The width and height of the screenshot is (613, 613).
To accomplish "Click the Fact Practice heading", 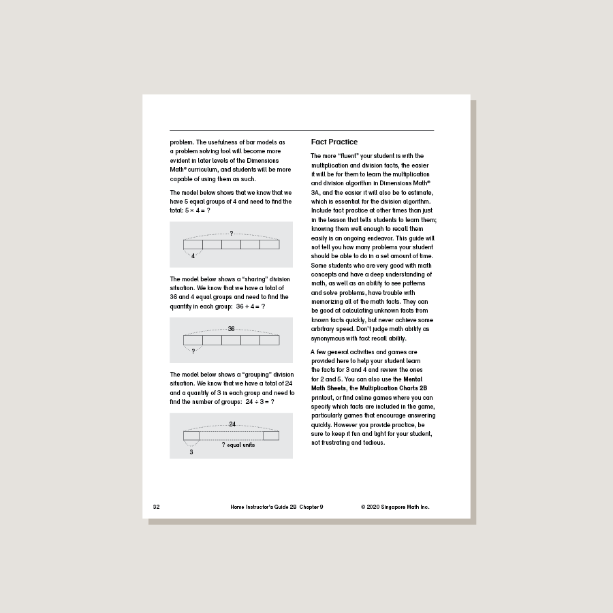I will pos(334,142).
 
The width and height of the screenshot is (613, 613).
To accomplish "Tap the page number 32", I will pos(156,507).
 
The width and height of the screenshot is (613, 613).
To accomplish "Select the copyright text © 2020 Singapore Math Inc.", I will pos(395,507).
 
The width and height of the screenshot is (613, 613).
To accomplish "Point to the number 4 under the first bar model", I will pos(193,256).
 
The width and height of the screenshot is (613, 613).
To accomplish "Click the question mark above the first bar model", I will pos(232,234).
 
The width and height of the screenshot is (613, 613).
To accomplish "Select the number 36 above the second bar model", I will pos(232,329).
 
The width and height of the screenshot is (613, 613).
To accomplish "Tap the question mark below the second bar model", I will pos(193,351).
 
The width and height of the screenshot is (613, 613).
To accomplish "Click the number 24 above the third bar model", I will pos(232,424).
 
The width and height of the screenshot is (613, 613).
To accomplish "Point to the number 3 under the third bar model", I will pos(191,452).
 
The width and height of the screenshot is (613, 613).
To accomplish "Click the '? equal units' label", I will pos(238,445).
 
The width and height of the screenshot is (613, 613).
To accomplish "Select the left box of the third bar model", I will pos(191,435).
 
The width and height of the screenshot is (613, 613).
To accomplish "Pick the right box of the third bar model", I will pos(271,435).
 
